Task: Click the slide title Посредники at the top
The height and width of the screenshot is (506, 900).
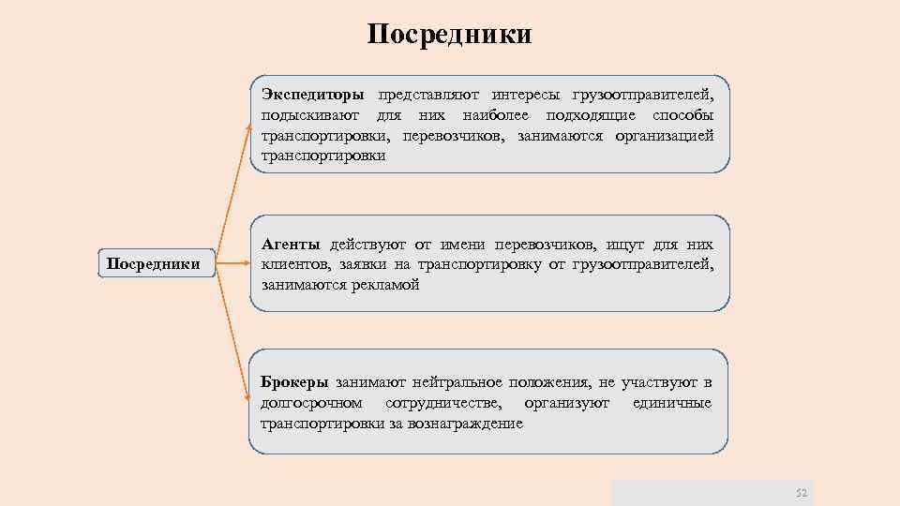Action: [x=449, y=35]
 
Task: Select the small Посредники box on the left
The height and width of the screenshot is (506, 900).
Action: [x=153, y=263]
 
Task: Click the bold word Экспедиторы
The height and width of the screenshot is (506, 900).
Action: [x=313, y=96]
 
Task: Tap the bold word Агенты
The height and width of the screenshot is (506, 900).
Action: [x=291, y=245]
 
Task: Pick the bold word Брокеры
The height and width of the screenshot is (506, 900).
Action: [x=294, y=382]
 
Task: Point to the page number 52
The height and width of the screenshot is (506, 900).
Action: [x=801, y=493]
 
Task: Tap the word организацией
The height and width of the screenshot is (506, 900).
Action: [x=664, y=136]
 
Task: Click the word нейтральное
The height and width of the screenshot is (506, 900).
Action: [x=457, y=382]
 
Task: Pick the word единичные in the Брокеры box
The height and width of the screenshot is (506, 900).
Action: [x=671, y=403]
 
